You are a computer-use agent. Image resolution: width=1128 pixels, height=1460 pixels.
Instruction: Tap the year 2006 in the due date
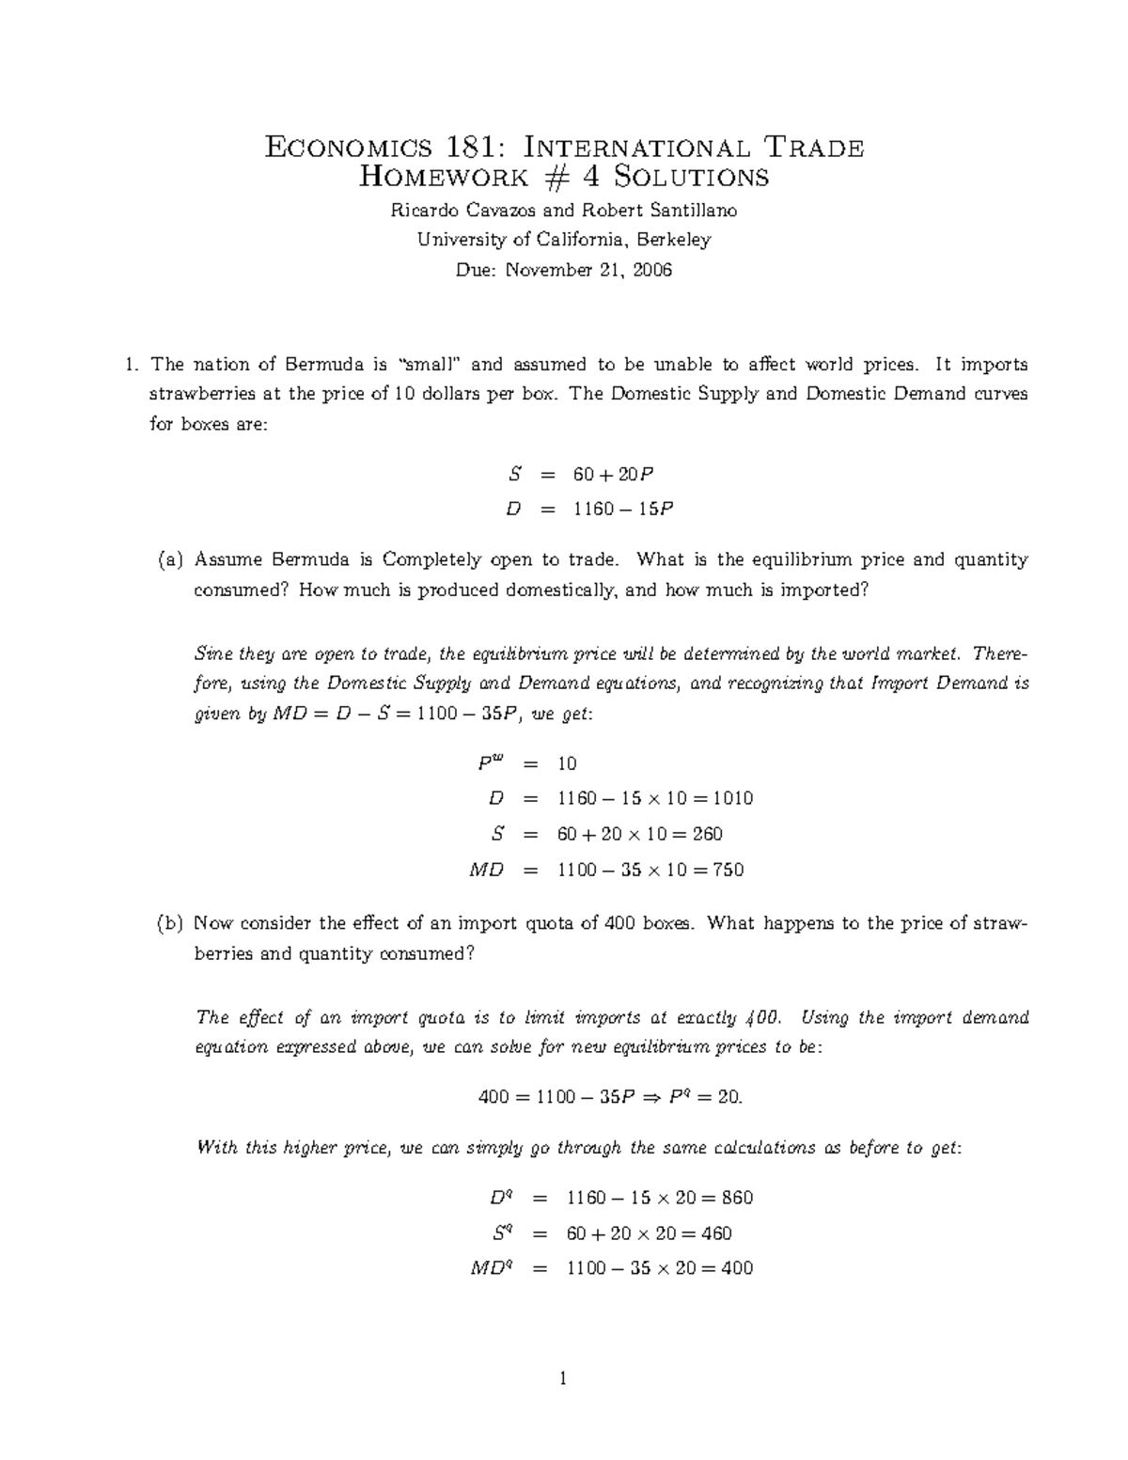[652, 271]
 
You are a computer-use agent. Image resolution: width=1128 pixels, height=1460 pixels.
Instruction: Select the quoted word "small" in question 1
[430, 365]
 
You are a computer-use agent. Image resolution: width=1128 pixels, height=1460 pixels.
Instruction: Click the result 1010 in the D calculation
[732, 799]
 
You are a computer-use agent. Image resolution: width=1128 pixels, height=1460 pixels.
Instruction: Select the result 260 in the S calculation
[707, 834]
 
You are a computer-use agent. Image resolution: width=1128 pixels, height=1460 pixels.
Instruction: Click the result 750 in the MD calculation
[728, 870]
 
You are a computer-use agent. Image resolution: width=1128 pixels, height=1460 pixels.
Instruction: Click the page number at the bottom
[563, 1380]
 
